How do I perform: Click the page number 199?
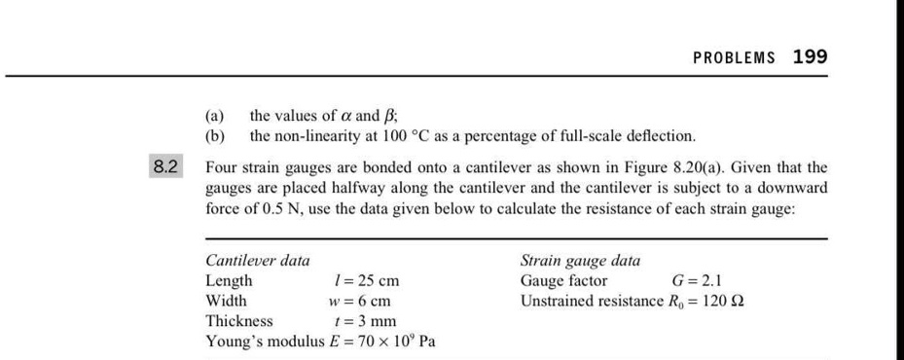click(810, 56)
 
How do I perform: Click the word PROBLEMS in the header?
click(734, 57)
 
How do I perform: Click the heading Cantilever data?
click(258, 261)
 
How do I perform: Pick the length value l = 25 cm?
click(367, 281)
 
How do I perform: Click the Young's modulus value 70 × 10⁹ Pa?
click(395, 342)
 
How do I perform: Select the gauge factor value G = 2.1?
click(697, 281)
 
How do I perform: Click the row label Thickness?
click(239, 321)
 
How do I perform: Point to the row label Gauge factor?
click(564, 281)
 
